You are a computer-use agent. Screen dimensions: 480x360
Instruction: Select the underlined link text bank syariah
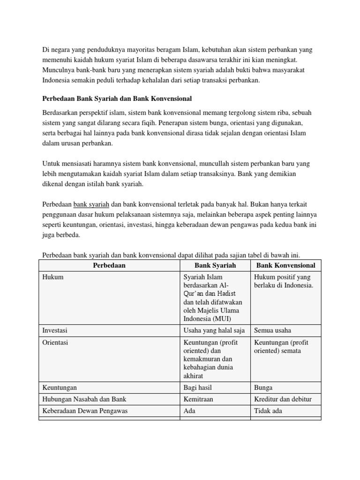point(91,204)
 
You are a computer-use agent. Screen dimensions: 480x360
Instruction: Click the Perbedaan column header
point(109,265)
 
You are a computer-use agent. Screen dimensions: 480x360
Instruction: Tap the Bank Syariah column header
point(215,265)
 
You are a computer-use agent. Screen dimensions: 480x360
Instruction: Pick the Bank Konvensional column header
point(285,265)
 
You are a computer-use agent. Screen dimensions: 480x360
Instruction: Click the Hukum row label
point(53,277)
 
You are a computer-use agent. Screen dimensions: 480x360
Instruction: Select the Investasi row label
point(55,330)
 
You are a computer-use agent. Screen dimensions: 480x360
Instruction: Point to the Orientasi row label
point(55,343)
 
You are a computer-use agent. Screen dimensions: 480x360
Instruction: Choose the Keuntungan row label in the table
point(60,388)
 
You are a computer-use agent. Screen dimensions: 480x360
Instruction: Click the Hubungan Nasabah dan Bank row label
point(84,399)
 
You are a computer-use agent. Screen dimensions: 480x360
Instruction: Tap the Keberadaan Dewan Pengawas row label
point(85,411)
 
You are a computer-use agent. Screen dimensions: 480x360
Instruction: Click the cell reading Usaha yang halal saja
point(214,330)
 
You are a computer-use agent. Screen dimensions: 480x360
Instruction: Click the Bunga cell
point(263,388)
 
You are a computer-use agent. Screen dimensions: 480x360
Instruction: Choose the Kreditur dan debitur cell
point(283,399)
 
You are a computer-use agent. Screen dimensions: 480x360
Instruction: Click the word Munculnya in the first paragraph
point(59,70)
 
